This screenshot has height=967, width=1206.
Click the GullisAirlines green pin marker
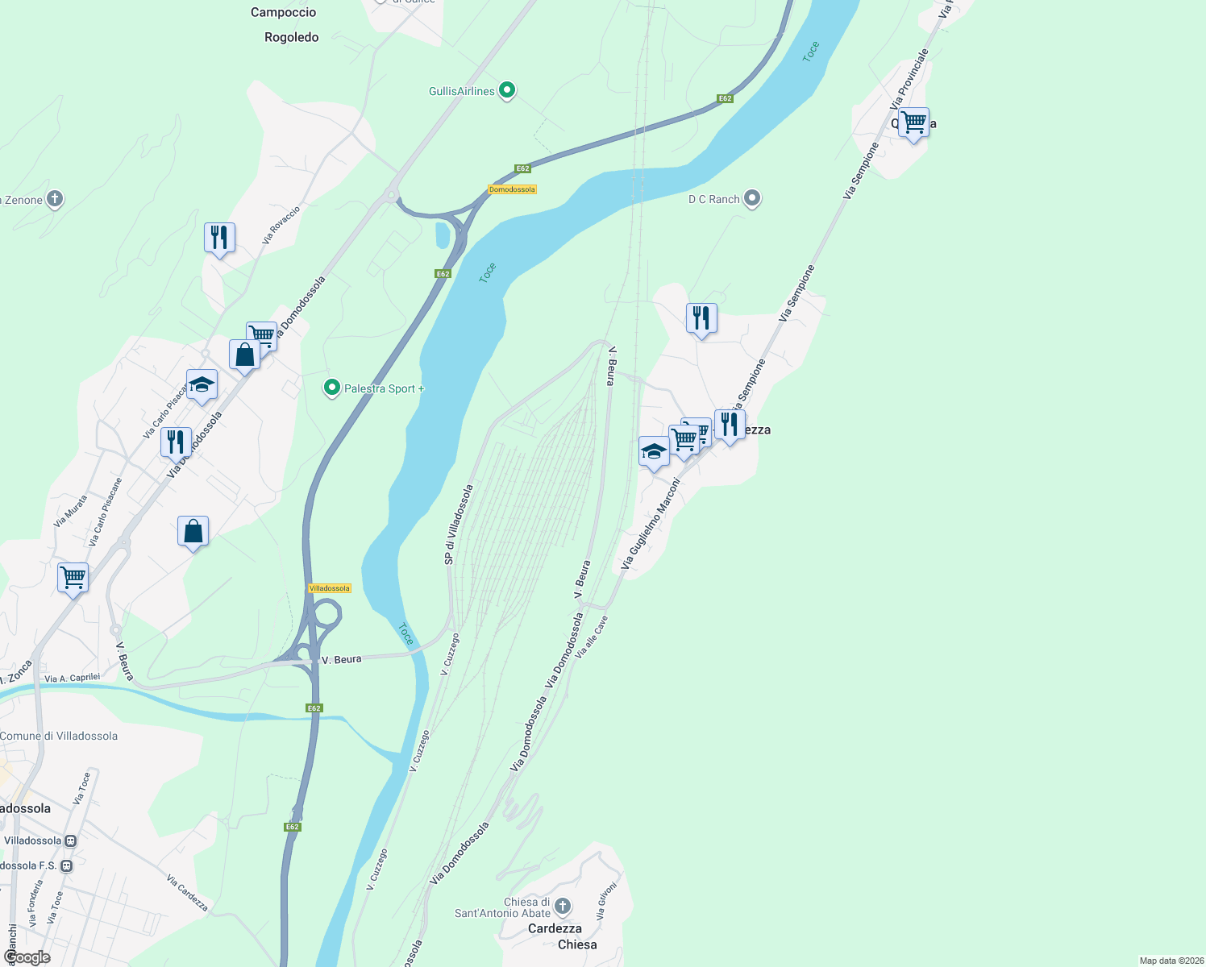(507, 90)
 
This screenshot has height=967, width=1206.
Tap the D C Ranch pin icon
(752, 198)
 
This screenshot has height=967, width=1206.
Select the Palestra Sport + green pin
(331, 388)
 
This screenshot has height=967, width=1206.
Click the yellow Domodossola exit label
(512, 189)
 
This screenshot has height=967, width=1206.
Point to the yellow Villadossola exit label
(330, 588)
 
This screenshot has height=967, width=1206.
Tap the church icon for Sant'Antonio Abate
(563, 906)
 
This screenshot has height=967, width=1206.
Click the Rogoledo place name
(292, 37)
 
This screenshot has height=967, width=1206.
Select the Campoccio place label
(284, 12)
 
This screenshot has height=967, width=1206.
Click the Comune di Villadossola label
(59, 736)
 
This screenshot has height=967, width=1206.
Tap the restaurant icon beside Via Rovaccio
(219, 239)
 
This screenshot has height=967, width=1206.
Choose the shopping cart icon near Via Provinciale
(913, 124)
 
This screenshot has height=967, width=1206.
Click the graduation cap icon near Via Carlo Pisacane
(202, 386)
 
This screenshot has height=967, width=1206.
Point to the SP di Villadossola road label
(458, 525)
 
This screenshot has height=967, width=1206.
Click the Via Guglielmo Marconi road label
(651, 524)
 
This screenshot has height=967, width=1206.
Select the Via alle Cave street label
(592, 637)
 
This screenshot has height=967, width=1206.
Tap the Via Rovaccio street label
(281, 226)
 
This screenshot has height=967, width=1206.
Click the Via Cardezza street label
(188, 893)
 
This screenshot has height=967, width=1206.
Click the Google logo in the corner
(27, 957)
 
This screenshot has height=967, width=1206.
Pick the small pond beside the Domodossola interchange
(443, 234)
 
